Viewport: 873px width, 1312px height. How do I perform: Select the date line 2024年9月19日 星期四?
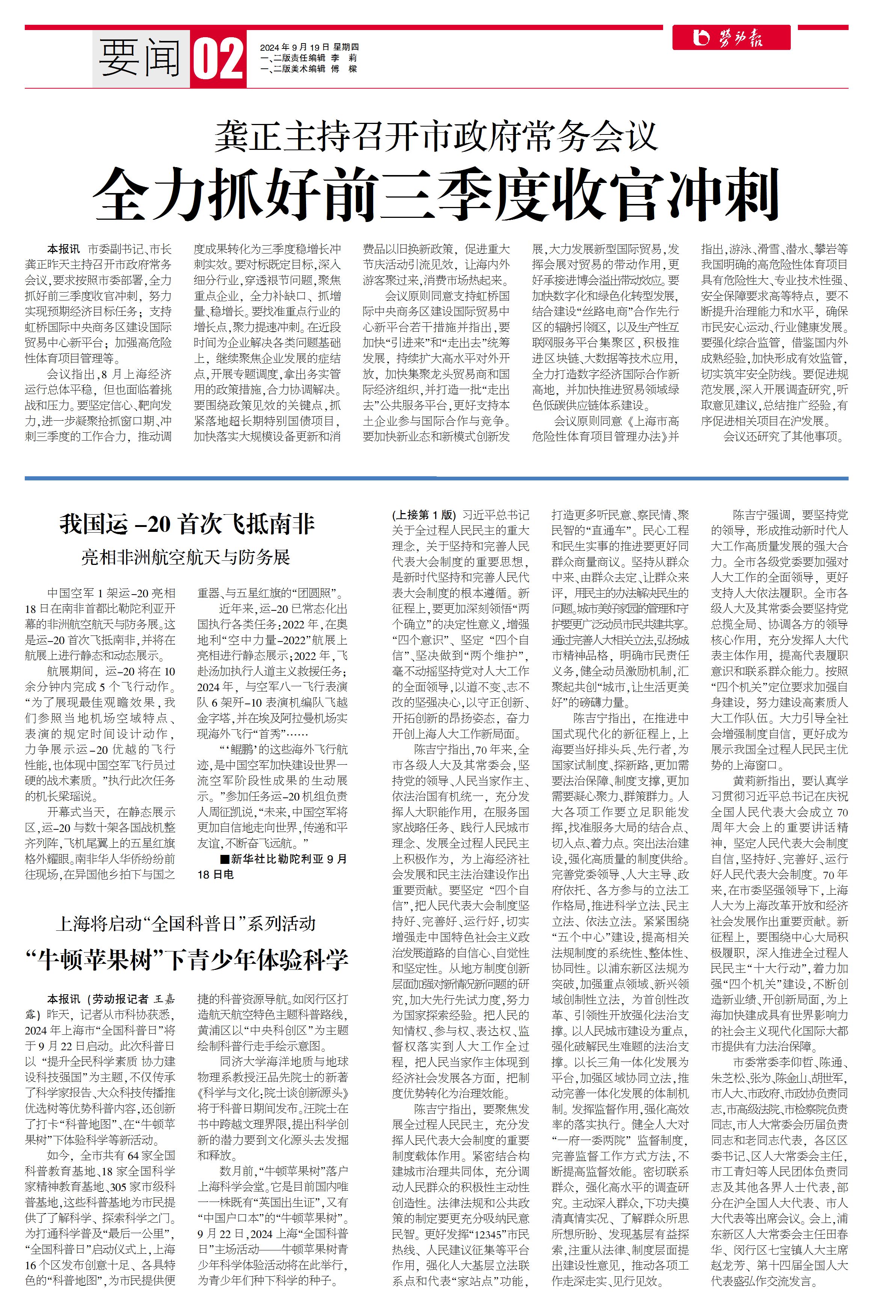point(309,47)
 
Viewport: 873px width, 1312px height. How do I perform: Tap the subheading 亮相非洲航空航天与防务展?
point(186,557)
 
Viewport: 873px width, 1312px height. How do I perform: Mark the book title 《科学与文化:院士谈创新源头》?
point(273,1093)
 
